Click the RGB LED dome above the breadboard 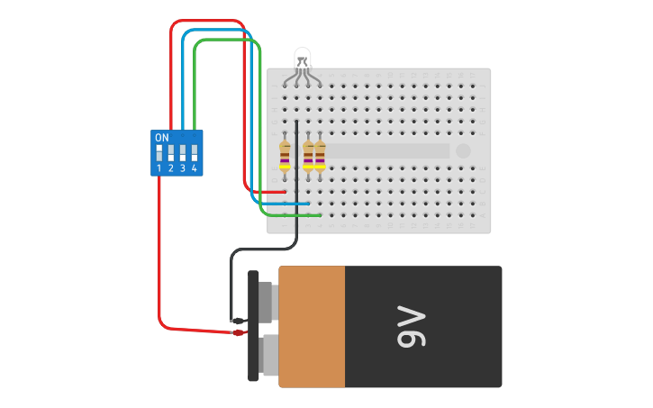coord(303,57)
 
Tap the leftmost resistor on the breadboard coord(285,154)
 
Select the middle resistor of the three coord(308,154)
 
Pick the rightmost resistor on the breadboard coord(320,154)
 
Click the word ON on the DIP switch coord(162,138)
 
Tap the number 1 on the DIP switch coord(159,168)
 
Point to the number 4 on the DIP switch coord(194,168)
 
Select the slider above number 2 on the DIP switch coord(171,153)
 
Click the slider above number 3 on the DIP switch coord(183,153)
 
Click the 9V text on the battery coord(411,327)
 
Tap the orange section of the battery coord(312,326)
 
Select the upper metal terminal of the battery coord(266,301)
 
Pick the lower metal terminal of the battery coord(268,355)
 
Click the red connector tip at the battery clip coord(239,332)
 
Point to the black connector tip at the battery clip coord(239,321)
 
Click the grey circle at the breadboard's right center coord(463,151)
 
